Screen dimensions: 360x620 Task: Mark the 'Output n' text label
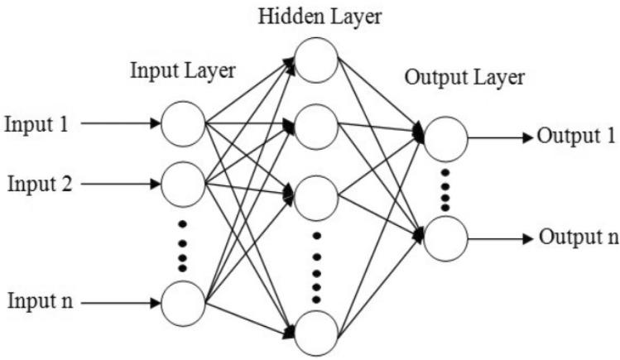576,238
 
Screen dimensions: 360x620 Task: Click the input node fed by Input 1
183,124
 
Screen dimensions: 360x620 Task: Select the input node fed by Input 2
183,183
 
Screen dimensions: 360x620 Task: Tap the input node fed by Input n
183,303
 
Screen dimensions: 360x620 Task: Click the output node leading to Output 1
445,137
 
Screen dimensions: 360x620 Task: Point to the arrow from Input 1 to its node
121,125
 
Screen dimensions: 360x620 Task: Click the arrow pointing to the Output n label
501,239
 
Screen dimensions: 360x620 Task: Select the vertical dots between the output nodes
445,188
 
